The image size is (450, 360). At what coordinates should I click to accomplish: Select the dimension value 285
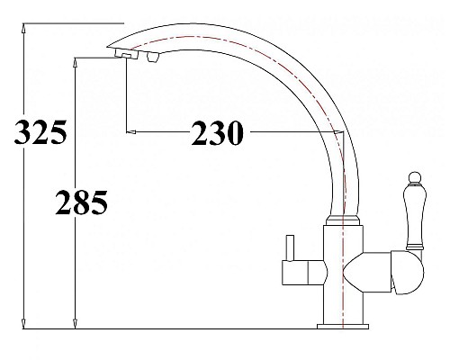[81, 203]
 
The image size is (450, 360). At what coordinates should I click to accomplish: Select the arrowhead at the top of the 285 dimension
[75, 60]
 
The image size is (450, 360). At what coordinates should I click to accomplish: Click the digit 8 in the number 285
[81, 203]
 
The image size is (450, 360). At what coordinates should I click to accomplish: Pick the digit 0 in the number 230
[237, 133]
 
